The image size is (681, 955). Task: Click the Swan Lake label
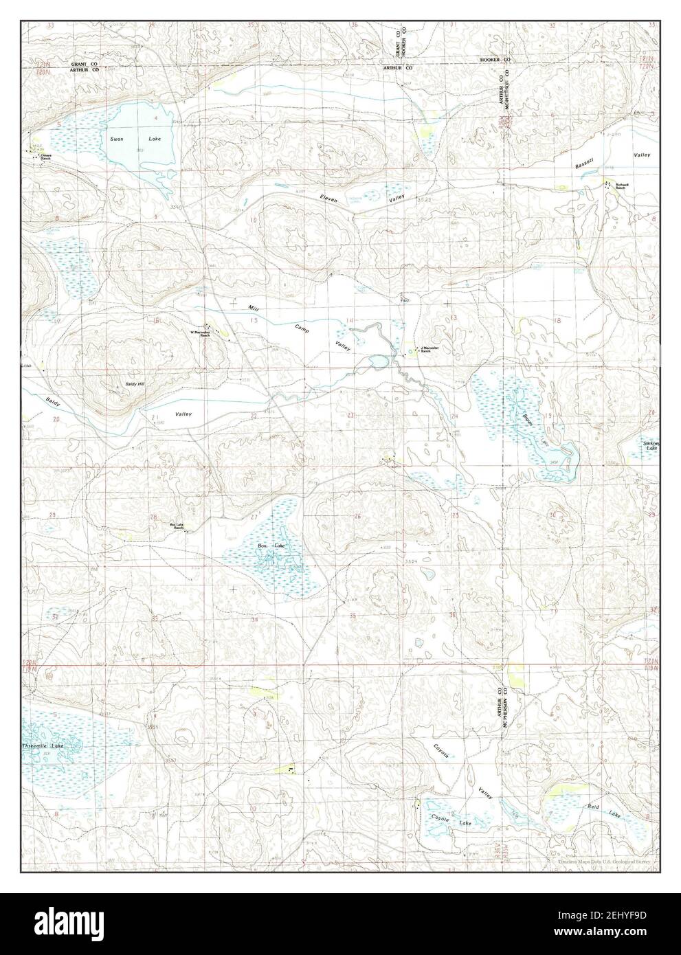[135, 139]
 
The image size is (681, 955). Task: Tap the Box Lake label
[271, 546]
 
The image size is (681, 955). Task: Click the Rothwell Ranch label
[622, 186]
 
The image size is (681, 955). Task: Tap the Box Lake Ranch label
[177, 526]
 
